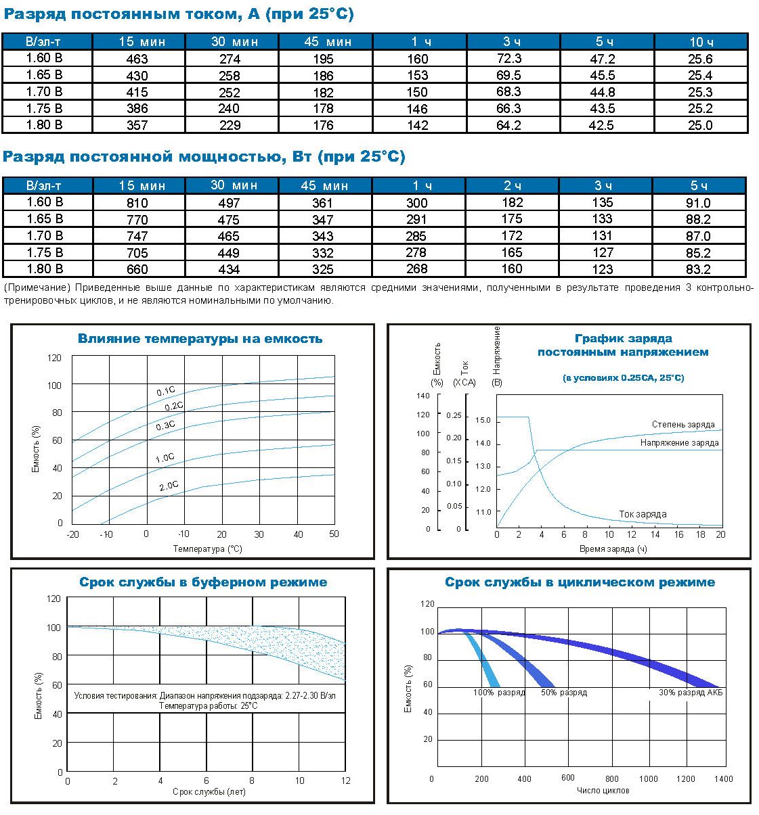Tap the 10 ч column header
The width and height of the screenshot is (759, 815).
[701, 41]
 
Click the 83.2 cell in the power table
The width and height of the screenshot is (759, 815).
[699, 269]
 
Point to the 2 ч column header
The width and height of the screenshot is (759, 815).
[513, 185]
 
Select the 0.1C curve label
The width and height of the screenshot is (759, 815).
[166, 391]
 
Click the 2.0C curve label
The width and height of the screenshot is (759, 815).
[169, 486]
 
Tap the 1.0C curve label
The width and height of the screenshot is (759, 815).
[165, 458]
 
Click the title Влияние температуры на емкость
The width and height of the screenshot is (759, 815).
[200, 339]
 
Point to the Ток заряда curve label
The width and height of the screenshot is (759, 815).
[643, 514]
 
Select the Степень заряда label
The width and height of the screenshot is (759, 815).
[683, 424]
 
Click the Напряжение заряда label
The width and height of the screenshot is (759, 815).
[679, 443]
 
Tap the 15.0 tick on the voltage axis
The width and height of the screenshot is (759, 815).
[483, 420]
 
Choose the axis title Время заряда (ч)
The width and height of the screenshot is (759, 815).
[613, 549]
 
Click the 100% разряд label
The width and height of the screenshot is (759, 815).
[499, 693]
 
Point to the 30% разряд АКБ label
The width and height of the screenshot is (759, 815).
[691, 693]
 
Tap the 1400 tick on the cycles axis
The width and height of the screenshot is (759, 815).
[723, 778]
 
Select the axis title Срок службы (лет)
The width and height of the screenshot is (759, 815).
[209, 791]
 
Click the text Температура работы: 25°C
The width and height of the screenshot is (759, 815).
[209, 706]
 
